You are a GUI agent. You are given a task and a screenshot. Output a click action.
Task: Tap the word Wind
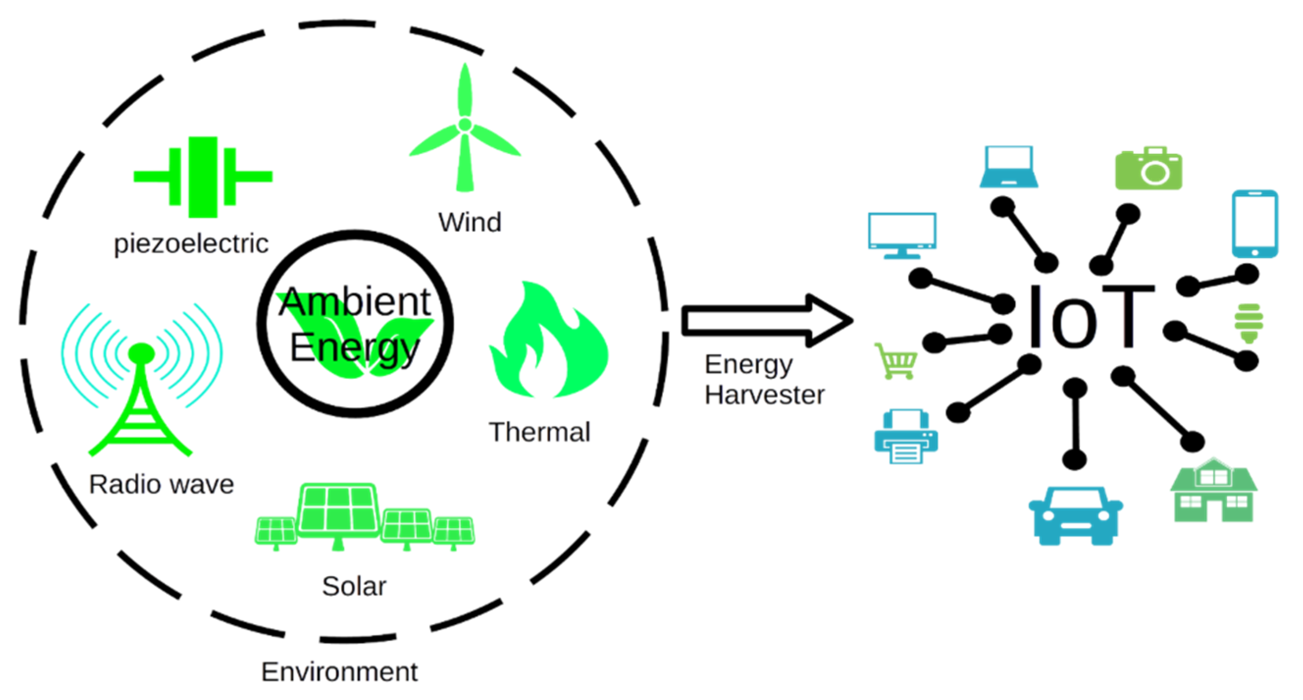(470, 222)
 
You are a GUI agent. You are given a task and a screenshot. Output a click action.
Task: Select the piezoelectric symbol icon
(203, 177)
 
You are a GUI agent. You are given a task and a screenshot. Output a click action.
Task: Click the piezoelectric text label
(191, 244)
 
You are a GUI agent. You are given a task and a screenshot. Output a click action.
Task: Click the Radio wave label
(161, 484)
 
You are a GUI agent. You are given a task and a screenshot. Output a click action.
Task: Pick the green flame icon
(549, 344)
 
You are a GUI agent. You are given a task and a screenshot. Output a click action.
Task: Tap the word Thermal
(539, 432)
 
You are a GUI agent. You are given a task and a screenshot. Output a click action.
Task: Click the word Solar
(354, 586)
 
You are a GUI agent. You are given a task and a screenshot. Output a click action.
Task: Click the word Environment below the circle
(339, 672)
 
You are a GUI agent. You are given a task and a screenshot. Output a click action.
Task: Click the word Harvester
(765, 395)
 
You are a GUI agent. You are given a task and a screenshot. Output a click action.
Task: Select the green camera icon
(1148, 169)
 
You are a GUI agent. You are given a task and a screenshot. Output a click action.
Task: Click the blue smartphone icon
(1254, 224)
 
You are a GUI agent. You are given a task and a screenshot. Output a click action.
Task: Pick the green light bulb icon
(1249, 323)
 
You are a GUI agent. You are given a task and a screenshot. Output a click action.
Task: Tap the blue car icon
(1075, 516)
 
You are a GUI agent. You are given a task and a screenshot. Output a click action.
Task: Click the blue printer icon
(906, 436)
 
